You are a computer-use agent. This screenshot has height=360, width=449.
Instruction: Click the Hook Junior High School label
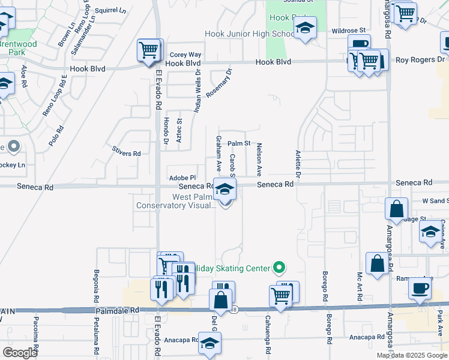click(249, 34)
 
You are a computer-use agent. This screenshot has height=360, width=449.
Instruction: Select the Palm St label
click(238, 143)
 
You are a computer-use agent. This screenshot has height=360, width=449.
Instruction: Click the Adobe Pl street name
click(182, 178)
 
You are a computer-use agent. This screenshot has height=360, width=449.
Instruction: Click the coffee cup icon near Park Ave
click(420, 287)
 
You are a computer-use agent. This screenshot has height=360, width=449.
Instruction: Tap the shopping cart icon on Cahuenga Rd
click(281, 295)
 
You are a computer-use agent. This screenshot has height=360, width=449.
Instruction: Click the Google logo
click(20, 353)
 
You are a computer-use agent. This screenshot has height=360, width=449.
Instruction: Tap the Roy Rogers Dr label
click(420, 60)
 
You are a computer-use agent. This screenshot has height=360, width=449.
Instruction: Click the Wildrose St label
click(348, 30)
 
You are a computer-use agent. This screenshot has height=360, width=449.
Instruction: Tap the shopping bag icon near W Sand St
click(397, 209)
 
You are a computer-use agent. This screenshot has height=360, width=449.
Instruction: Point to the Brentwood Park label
click(18, 49)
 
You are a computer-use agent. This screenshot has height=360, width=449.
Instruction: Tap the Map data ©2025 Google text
click(412, 355)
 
